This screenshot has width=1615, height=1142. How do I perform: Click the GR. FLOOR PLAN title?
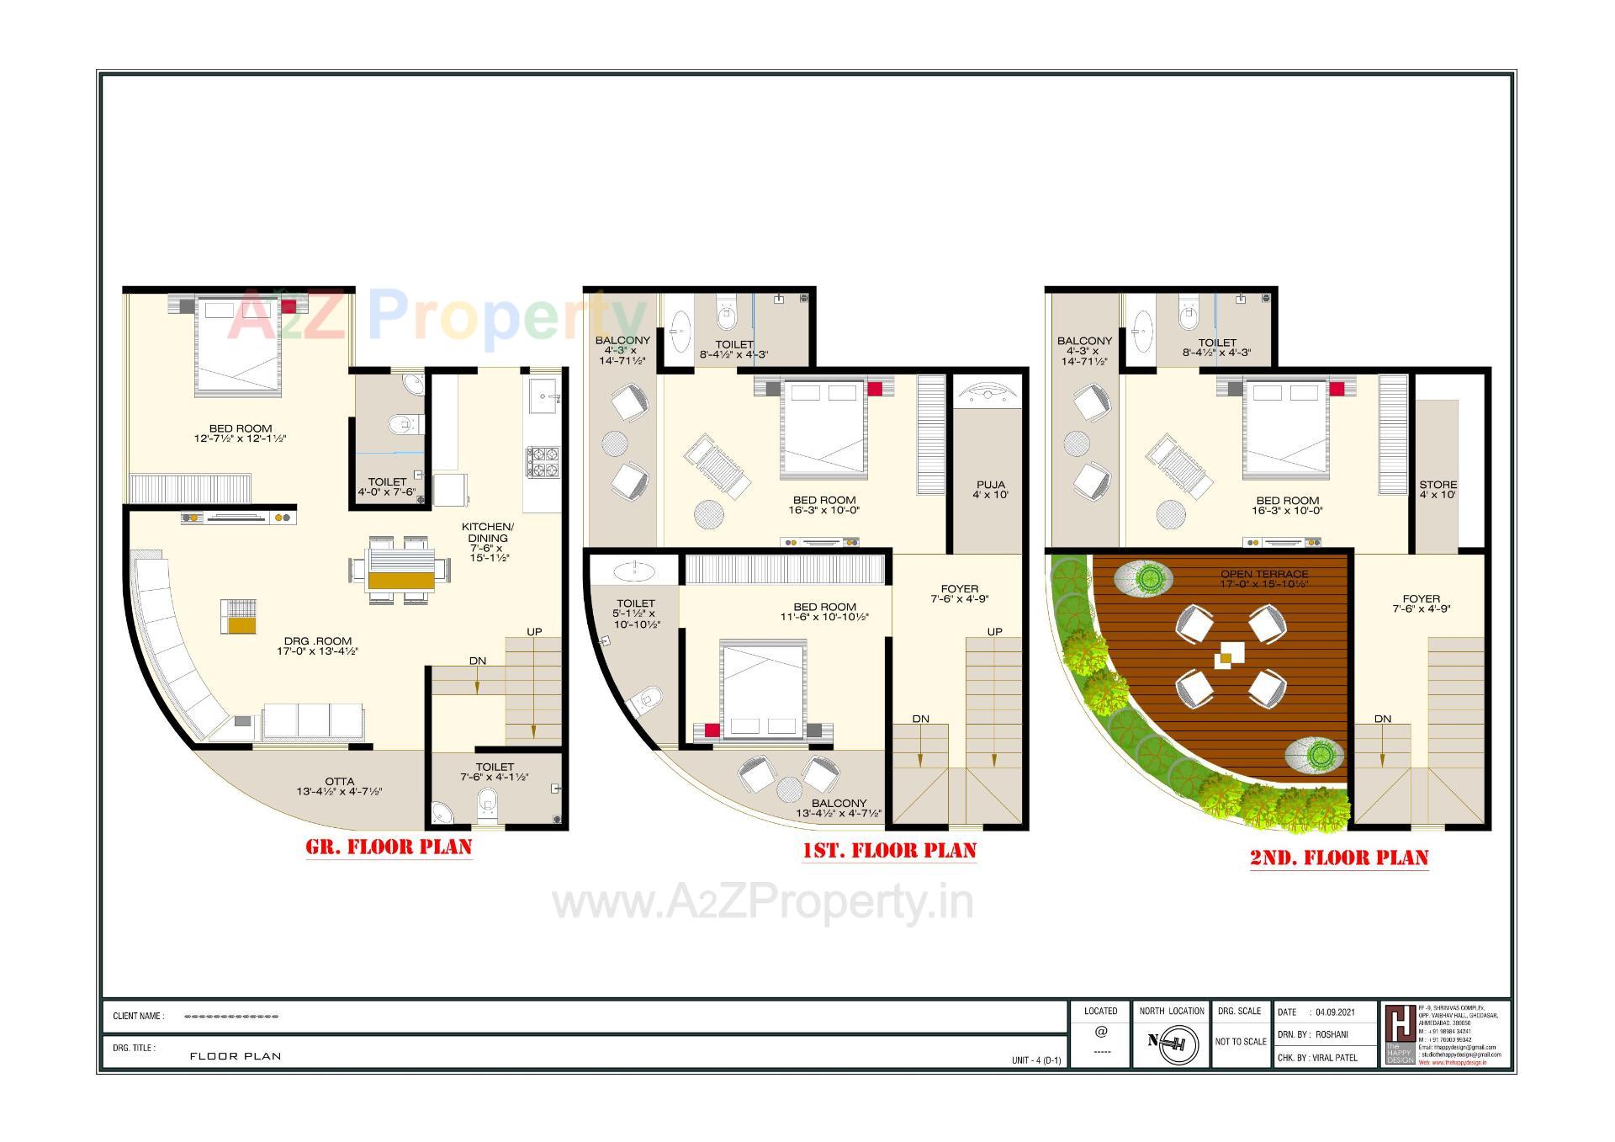[389, 847]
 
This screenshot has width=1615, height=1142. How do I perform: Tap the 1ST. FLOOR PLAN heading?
[889, 851]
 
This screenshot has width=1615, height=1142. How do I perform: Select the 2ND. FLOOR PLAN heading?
[1339, 858]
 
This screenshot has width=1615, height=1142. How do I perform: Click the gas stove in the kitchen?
[543, 464]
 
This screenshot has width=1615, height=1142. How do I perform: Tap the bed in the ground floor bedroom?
[237, 345]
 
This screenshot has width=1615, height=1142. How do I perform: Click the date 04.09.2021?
[1335, 1012]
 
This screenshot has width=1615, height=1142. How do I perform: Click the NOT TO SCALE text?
[1241, 1041]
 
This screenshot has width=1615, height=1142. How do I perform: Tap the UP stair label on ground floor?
[534, 631]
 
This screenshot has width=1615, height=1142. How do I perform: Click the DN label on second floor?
[1383, 719]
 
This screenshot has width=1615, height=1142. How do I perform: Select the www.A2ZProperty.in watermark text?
[763, 903]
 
